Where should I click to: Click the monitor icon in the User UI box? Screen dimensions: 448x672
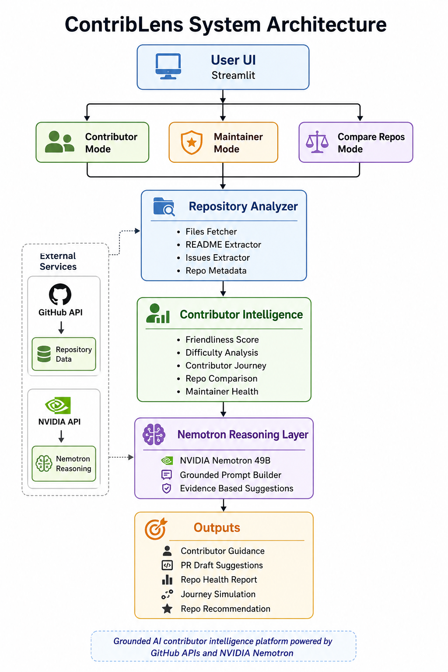pos(168,66)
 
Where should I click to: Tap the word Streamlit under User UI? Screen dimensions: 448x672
pos(233,75)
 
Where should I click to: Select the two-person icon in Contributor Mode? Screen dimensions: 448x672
pos(59,142)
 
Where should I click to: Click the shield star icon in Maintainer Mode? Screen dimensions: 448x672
pos(192,143)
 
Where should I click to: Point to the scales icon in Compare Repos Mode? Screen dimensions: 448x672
pos(317,142)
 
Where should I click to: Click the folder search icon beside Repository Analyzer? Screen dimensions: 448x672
pos(164,206)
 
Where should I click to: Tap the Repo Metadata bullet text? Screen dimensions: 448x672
pos(216,271)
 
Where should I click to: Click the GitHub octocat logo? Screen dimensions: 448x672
pos(60,294)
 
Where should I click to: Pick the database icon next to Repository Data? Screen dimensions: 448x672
pos(44,354)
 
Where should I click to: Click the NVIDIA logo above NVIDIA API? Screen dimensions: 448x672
pos(58,405)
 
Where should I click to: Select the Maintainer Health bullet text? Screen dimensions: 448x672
pos(222,392)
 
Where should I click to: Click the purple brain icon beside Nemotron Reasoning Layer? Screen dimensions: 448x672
pos(154,434)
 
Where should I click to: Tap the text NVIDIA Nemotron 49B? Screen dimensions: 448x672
pos(225,461)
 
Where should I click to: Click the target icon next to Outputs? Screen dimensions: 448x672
pos(155,528)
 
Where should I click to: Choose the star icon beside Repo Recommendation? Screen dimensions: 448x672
pos(167,609)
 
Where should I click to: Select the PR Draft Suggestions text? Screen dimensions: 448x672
pos(222,565)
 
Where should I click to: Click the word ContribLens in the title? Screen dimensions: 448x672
pos(124,24)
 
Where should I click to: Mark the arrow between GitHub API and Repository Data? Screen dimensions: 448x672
pos(61,328)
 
